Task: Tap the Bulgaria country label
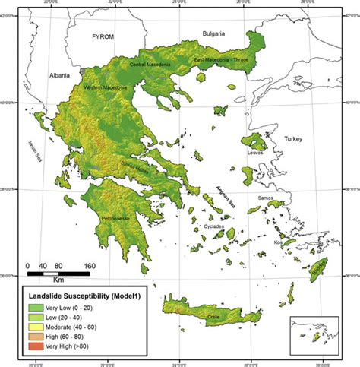[x=216, y=33]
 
